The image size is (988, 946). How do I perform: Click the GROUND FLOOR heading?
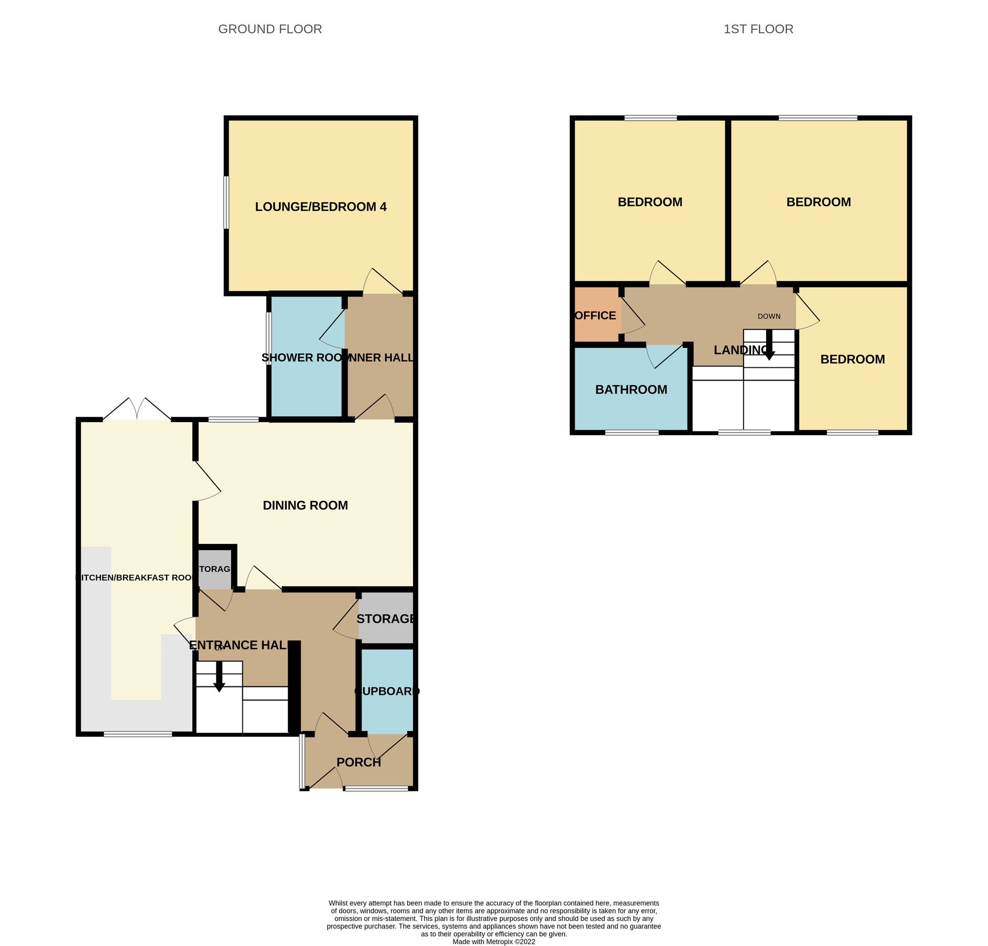click(270, 29)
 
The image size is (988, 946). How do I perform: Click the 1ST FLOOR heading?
click(758, 29)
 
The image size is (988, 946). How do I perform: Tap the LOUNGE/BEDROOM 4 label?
click(321, 207)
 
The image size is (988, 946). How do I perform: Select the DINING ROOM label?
click(305, 505)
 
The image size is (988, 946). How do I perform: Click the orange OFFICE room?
click(596, 315)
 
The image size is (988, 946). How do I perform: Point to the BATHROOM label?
click(631, 389)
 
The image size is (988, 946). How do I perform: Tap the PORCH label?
click(358, 762)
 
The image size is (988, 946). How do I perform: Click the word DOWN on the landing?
click(769, 316)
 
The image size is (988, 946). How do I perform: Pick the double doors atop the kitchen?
click(137, 410)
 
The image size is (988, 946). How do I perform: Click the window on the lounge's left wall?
click(227, 202)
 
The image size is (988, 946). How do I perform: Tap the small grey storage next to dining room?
click(214, 569)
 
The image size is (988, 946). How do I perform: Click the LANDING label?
click(740, 350)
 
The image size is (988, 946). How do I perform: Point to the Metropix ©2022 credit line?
click(493, 942)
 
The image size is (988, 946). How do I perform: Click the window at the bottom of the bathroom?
click(631, 433)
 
